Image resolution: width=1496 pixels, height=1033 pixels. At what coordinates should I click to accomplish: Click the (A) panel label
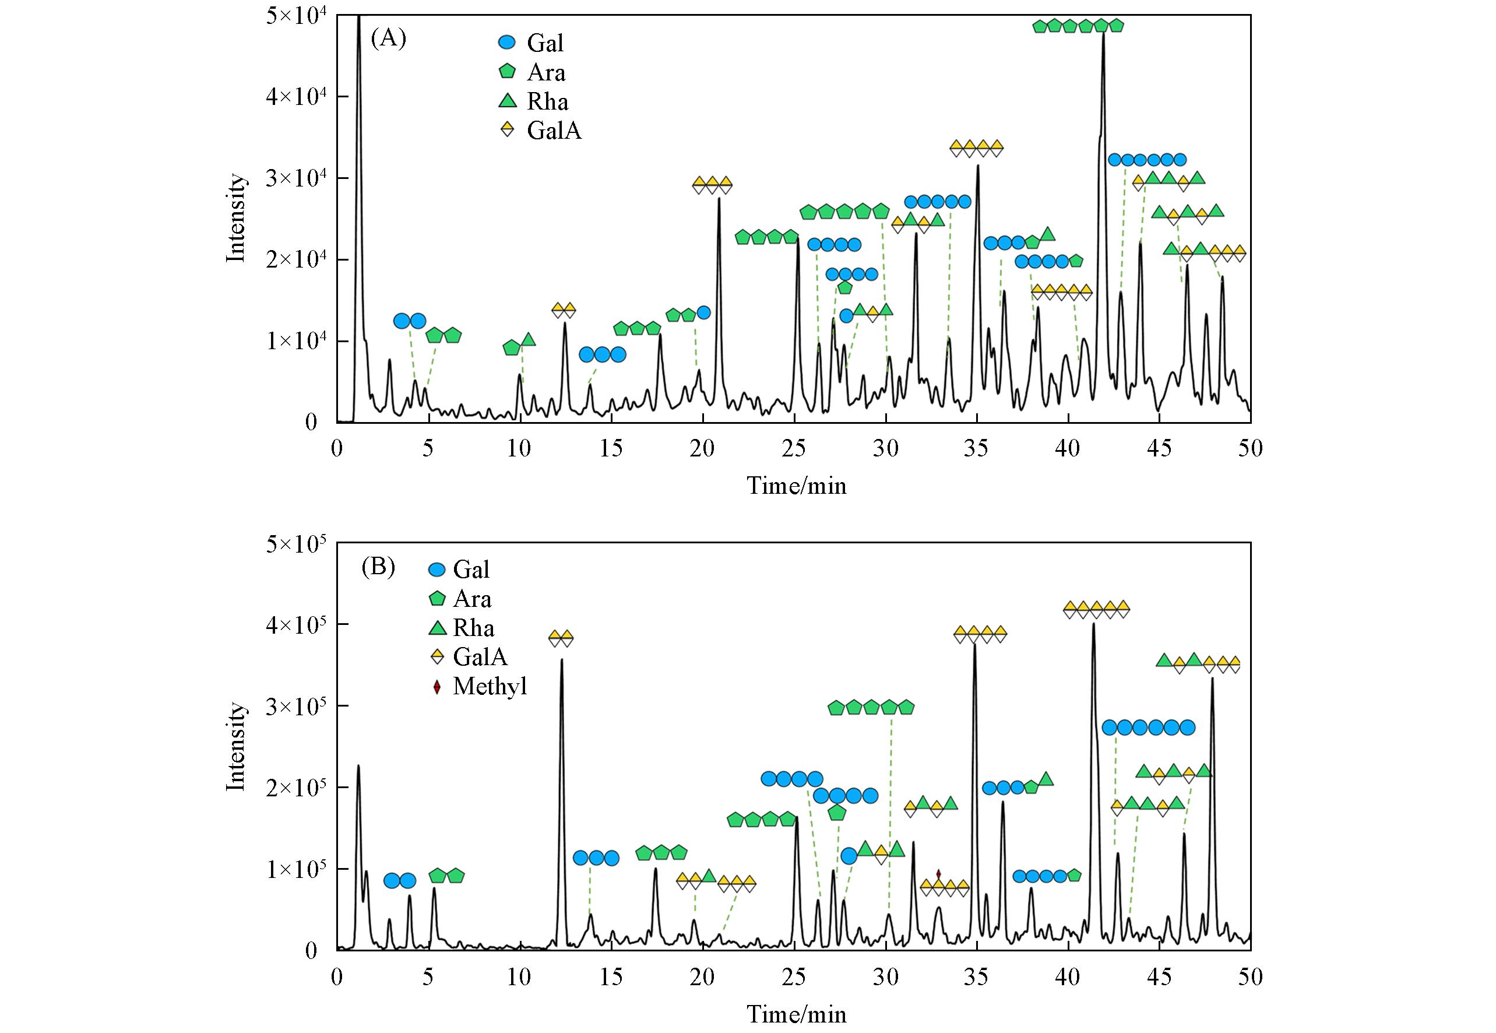(388, 40)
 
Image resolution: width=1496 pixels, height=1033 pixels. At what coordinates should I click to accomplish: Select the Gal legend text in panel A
(545, 43)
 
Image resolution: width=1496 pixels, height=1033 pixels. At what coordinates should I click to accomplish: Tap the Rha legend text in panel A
(547, 102)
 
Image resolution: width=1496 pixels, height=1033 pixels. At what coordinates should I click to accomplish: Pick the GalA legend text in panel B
(480, 657)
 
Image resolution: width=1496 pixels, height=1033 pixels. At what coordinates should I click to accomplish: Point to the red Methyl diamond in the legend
(437, 687)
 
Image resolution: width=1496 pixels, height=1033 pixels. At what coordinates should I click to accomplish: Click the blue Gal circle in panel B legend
(438, 570)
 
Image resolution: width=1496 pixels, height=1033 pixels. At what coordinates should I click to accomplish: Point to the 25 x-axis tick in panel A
(793, 448)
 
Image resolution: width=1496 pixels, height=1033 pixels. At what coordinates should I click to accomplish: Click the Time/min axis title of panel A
(797, 486)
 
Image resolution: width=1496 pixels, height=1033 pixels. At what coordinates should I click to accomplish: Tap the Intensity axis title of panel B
(237, 746)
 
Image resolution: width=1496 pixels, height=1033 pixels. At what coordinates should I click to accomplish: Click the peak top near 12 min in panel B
(561, 660)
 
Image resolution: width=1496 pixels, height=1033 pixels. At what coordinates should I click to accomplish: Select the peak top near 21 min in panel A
(719, 199)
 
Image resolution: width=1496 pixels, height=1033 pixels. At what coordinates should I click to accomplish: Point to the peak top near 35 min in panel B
(974, 645)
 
